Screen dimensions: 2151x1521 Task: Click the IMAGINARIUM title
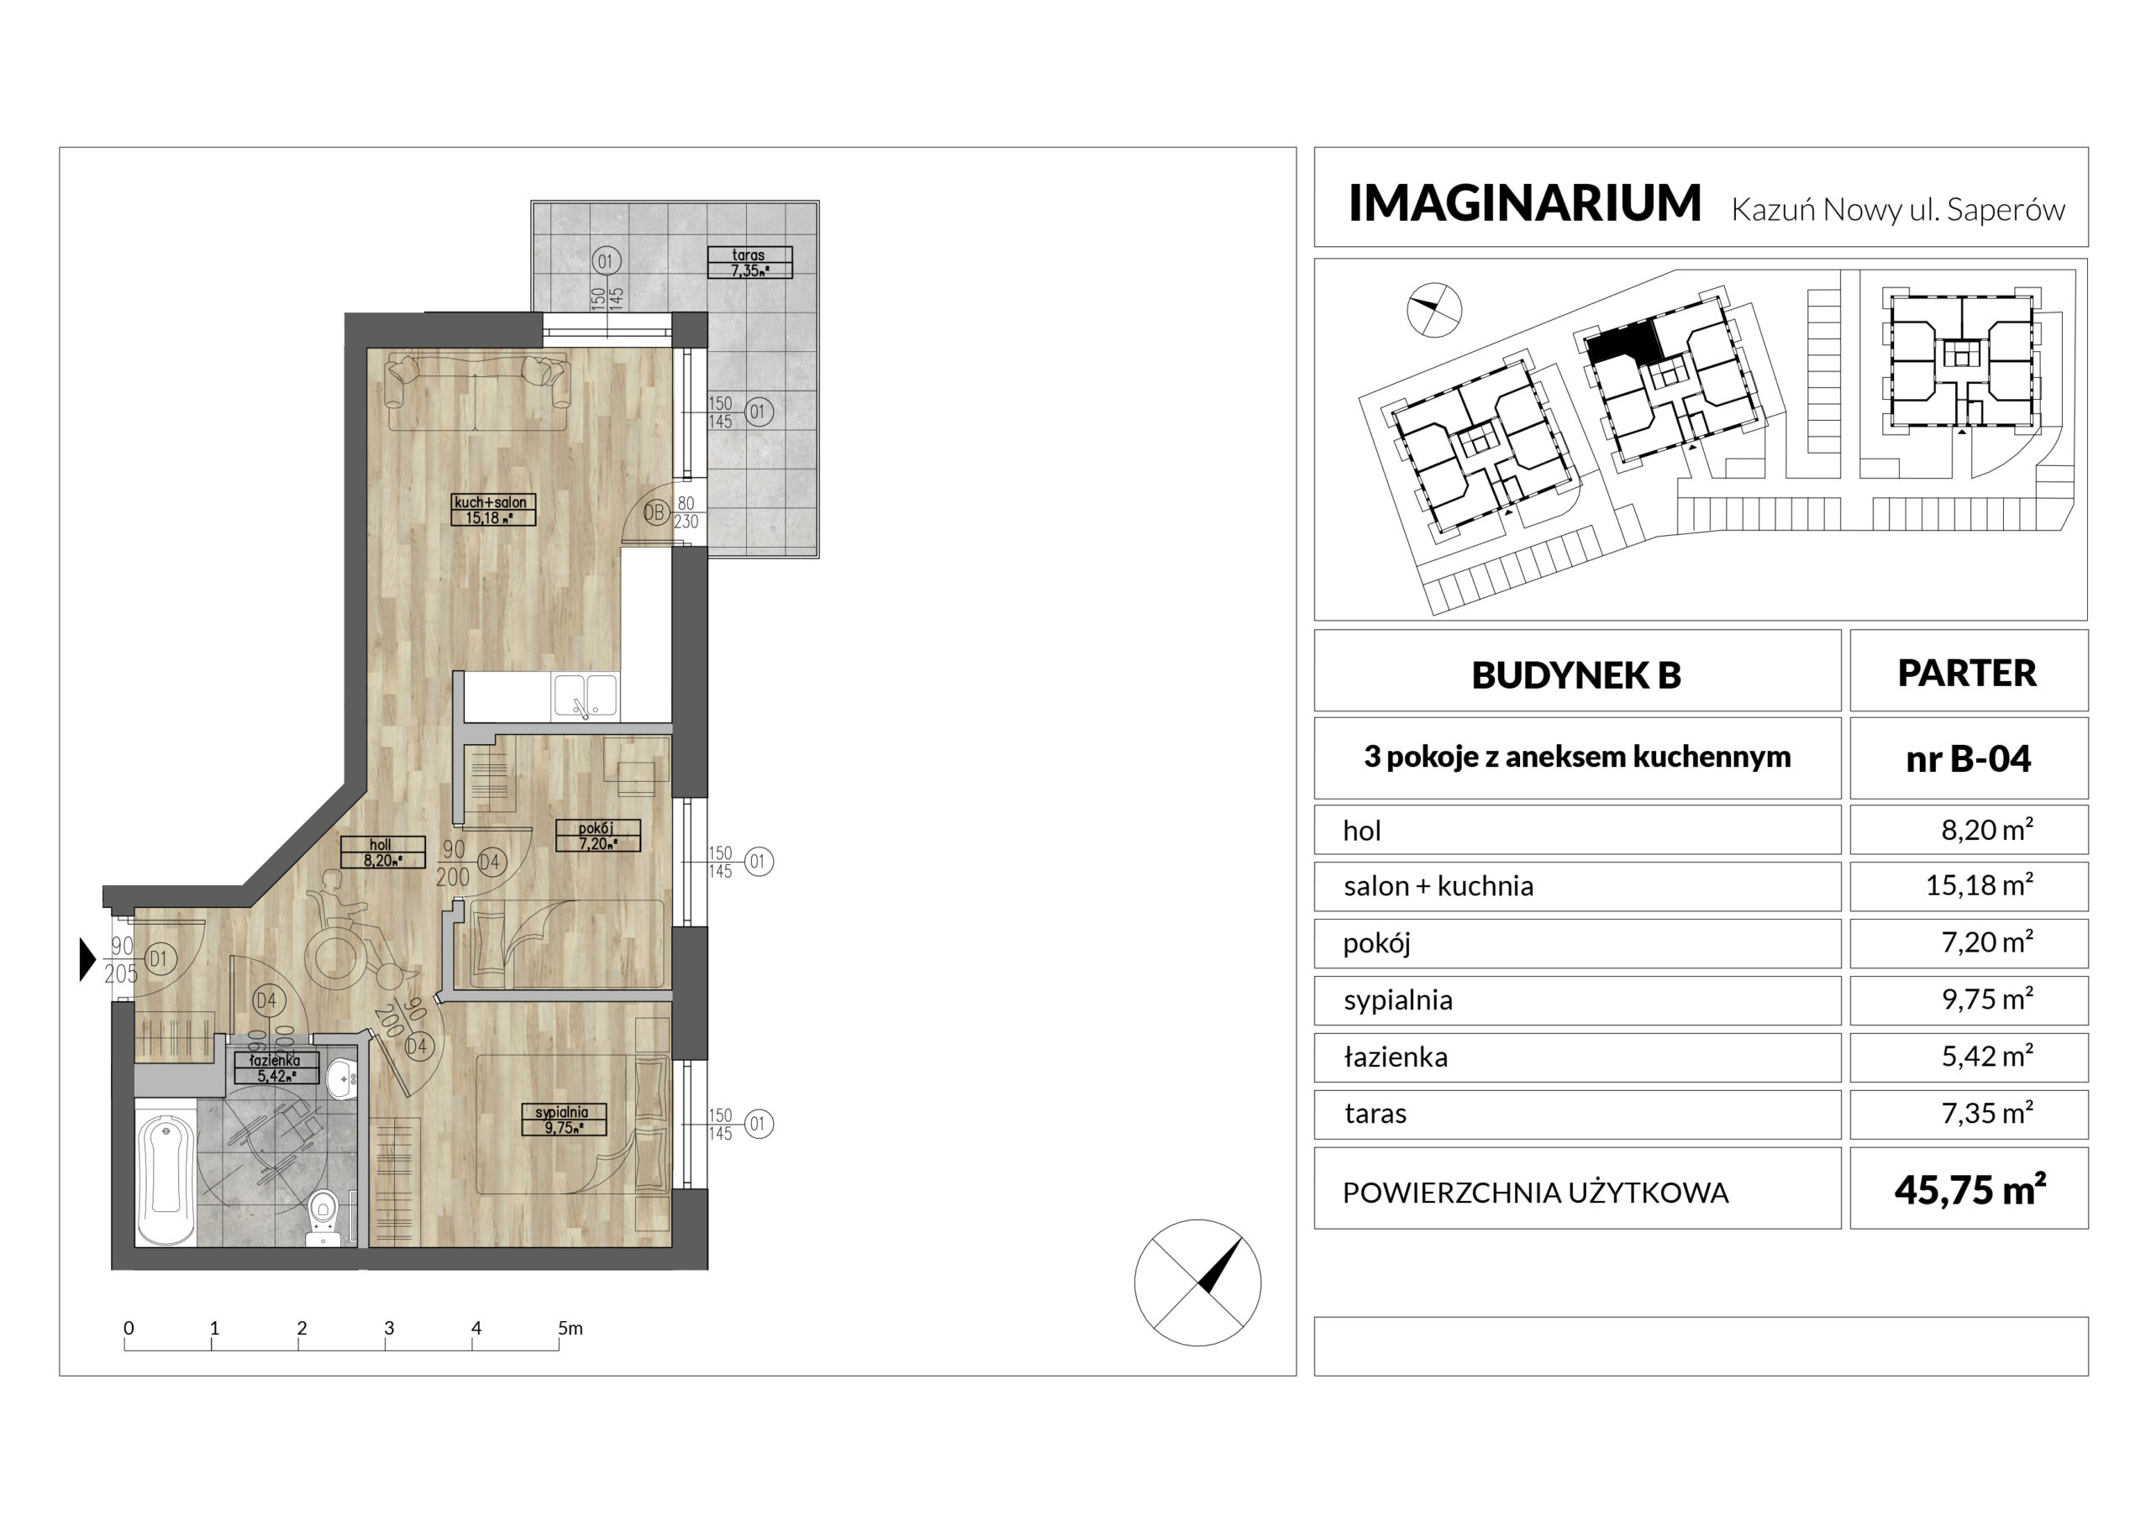pos(1524,203)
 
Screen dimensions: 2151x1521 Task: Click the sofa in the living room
pos(478,391)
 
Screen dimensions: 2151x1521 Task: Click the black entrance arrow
pos(88,959)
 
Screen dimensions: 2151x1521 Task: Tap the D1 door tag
pos(160,959)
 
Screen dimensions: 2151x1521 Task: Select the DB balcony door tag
pos(655,512)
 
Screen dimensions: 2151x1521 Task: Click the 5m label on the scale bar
pos(571,1327)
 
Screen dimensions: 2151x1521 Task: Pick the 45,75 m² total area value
pos(1970,1190)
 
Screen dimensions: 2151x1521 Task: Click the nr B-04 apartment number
pos(1969,758)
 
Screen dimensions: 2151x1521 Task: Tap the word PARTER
pos(1967,673)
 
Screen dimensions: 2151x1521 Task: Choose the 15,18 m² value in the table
pos(1980,885)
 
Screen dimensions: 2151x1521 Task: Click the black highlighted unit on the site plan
pos(1623,344)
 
